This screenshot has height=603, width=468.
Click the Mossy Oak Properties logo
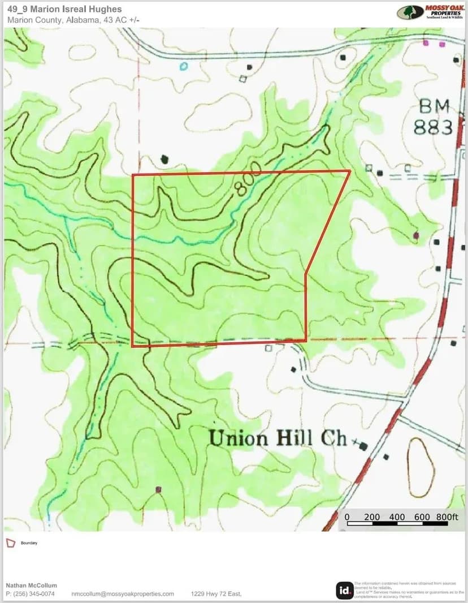pyautogui.click(x=432, y=12)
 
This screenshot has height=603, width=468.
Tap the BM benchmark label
pyautogui.click(x=435, y=106)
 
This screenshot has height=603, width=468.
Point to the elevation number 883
pyautogui.click(x=434, y=127)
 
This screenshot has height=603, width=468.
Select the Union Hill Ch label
pyautogui.click(x=278, y=438)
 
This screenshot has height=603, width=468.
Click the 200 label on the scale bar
pyautogui.click(x=372, y=517)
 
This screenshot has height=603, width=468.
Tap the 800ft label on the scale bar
pyautogui.click(x=447, y=517)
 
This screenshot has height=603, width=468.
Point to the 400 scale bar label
pyautogui.click(x=397, y=517)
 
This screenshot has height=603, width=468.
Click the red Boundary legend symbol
pyautogui.click(x=10, y=543)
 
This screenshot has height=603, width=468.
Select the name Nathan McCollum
pyautogui.click(x=31, y=585)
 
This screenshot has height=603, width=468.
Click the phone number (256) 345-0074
pyautogui.click(x=30, y=594)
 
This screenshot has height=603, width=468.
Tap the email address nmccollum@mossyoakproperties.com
pyautogui.click(x=123, y=594)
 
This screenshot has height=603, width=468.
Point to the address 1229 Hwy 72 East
pyautogui.click(x=216, y=594)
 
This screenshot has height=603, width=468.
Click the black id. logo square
pyautogui.click(x=344, y=590)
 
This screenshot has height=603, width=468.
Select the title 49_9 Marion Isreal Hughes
pyautogui.click(x=64, y=10)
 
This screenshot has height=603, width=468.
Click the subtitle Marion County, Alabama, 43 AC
pyautogui.click(x=73, y=20)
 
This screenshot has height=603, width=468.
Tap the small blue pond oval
pyautogui.click(x=183, y=66)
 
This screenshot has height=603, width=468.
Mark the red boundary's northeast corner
pyautogui.click(x=350, y=170)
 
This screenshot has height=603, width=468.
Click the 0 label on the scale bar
pyautogui.click(x=347, y=517)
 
